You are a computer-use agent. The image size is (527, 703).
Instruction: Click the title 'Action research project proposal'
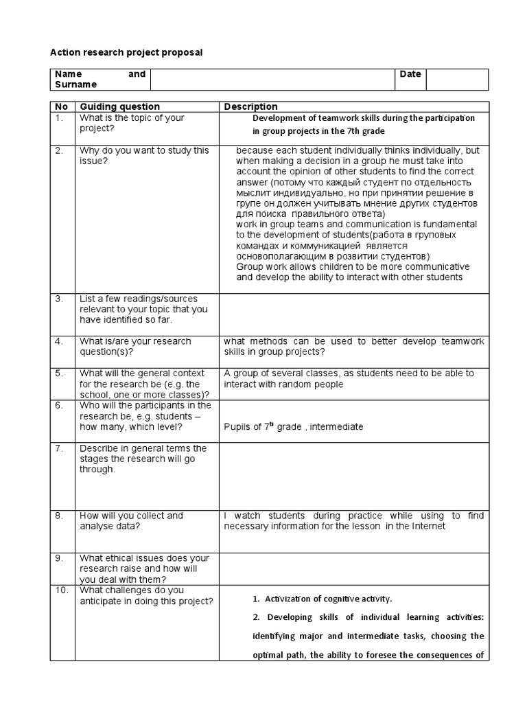[x=127, y=52]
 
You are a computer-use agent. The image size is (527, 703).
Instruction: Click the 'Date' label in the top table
[x=410, y=74]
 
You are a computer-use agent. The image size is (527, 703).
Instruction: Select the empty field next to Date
[x=457, y=79]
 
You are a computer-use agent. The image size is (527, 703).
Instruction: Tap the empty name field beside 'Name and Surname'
[x=272, y=79]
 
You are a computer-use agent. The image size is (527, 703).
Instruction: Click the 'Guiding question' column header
[x=120, y=106]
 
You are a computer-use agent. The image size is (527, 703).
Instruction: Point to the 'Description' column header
[x=250, y=106]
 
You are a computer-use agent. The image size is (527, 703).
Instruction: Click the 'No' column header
[x=62, y=106]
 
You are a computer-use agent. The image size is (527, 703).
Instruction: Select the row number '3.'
[x=60, y=299]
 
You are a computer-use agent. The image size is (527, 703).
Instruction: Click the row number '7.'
[x=60, y=448]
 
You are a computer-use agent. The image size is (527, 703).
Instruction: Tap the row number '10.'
[x=62, y=590]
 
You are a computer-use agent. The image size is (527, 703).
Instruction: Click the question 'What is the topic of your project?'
[x=132, y=123]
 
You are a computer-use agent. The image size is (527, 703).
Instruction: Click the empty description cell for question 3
[x=353, y=313]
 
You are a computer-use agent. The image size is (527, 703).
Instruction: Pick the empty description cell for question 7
[x=353, y=475]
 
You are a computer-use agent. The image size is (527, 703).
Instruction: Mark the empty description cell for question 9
[x=353, y=568]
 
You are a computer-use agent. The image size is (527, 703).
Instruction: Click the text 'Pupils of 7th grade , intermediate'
[x=293, y=426]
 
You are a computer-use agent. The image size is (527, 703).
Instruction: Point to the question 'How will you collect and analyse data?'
[x=131, y=521]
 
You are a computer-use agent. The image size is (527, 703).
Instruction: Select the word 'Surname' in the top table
[x=75, y=84]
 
